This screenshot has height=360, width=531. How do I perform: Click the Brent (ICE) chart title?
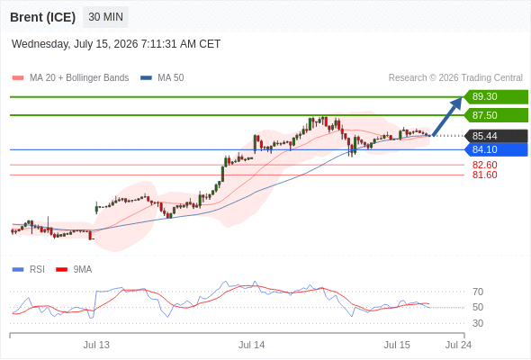point(42,17)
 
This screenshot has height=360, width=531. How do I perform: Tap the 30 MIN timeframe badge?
point(105,16)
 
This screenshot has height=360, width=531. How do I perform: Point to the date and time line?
point(116,44)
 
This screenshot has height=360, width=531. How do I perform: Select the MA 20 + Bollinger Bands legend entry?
point(70,78)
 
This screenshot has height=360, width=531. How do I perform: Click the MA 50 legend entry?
point(162,78)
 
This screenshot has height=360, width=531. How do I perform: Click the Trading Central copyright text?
point(455,78)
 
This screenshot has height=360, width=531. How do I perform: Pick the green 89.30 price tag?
point(496,97)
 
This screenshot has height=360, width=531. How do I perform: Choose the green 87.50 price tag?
point(496,115)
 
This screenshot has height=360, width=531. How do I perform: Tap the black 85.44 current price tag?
point(496,136)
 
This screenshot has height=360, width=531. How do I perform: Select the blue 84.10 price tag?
point(496,149)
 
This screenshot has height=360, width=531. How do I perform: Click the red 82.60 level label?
point(484,165)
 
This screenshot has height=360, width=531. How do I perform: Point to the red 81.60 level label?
point(484,175)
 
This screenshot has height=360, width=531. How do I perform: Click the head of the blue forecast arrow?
point(461,98)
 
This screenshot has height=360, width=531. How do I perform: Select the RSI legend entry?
point(29,270)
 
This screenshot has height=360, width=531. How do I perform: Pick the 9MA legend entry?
point(74,270)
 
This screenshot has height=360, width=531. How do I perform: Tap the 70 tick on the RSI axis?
point(478,292)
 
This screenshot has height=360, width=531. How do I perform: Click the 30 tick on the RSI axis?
point(478,323)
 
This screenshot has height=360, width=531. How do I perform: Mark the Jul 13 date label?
point(96,345)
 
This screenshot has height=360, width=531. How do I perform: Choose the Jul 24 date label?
point(458,345)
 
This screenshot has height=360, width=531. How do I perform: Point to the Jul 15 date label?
point(397,345)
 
